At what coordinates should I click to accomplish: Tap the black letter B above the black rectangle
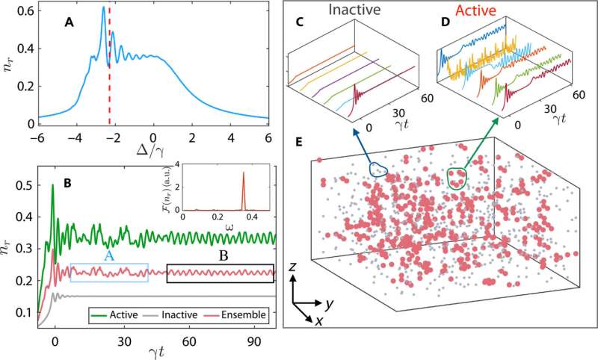tap(222, 254)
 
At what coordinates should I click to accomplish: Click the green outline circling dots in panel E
tap(456, 179)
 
